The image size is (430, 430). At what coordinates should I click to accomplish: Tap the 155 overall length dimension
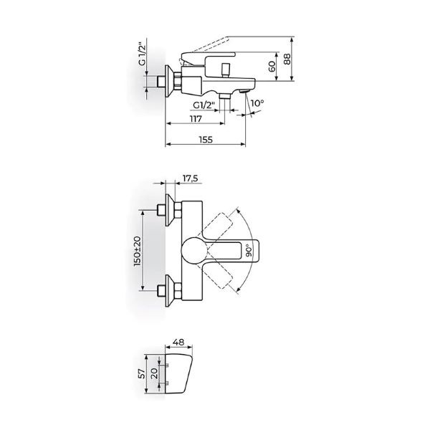206,140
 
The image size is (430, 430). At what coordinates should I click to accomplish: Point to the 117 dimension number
193,119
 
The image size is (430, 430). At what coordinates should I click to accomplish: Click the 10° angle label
258,104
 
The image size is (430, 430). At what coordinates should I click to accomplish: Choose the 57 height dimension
141,373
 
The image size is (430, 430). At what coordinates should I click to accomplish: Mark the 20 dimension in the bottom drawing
156,373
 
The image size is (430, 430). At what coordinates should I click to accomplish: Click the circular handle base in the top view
194,251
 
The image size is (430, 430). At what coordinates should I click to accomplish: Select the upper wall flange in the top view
172,210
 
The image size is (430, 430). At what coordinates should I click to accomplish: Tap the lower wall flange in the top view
172,291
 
